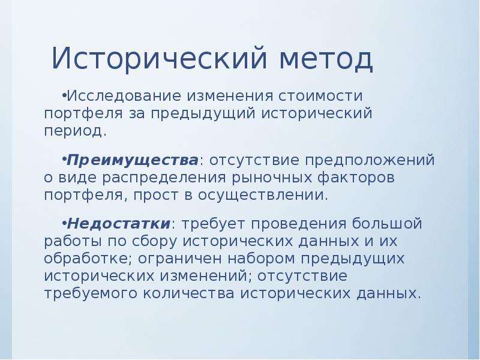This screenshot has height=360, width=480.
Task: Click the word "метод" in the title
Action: tap(326, 58)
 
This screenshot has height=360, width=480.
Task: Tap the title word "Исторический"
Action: tap(160, 58)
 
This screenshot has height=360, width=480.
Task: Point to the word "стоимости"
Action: tap(320, 96)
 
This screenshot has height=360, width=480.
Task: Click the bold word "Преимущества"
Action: tap(133, 160)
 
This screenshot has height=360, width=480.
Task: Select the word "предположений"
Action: tap(370, 160)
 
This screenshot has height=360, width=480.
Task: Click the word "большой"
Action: tap(387, 223)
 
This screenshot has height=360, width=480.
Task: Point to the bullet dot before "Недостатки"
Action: tap(64, 222)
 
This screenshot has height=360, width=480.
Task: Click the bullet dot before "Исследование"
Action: tap(64, 95)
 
